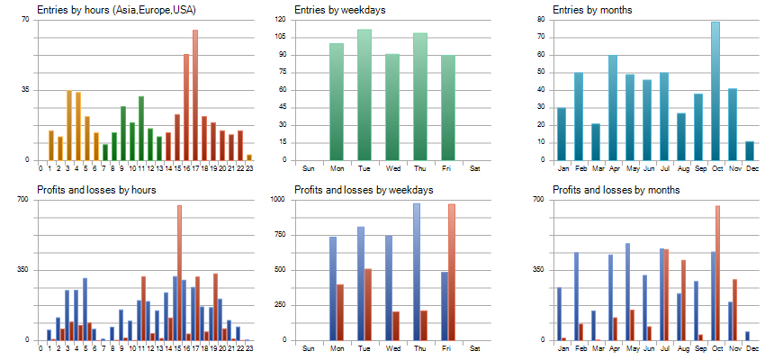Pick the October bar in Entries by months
[x=715, y=90]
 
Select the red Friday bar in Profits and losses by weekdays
[x=451, y=272]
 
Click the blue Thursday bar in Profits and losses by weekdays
[x=417, y=272]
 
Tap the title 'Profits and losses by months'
[x=616, y=190]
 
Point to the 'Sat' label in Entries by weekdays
[x=475, y=168]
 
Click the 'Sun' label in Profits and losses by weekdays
[x=309, y=348]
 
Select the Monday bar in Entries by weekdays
[x=337, y=101]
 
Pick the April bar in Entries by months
[x=613, y=107]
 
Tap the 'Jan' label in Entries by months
[x=562, y=168]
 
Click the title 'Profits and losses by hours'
[x=96, y=190]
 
